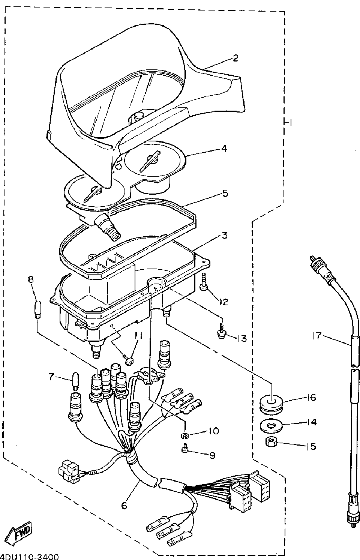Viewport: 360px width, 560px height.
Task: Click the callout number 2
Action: [x=235, y=58]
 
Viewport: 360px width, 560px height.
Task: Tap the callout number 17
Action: [x=317, y=336]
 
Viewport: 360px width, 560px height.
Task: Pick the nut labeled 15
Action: [x=271, y=442]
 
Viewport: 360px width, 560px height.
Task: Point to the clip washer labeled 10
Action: [x=184, y=435]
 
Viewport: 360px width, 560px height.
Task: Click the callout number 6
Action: [x=124, y=505]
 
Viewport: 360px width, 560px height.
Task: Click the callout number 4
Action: [x=224, y=149]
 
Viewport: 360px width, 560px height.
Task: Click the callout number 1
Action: [x=289, y=123]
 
